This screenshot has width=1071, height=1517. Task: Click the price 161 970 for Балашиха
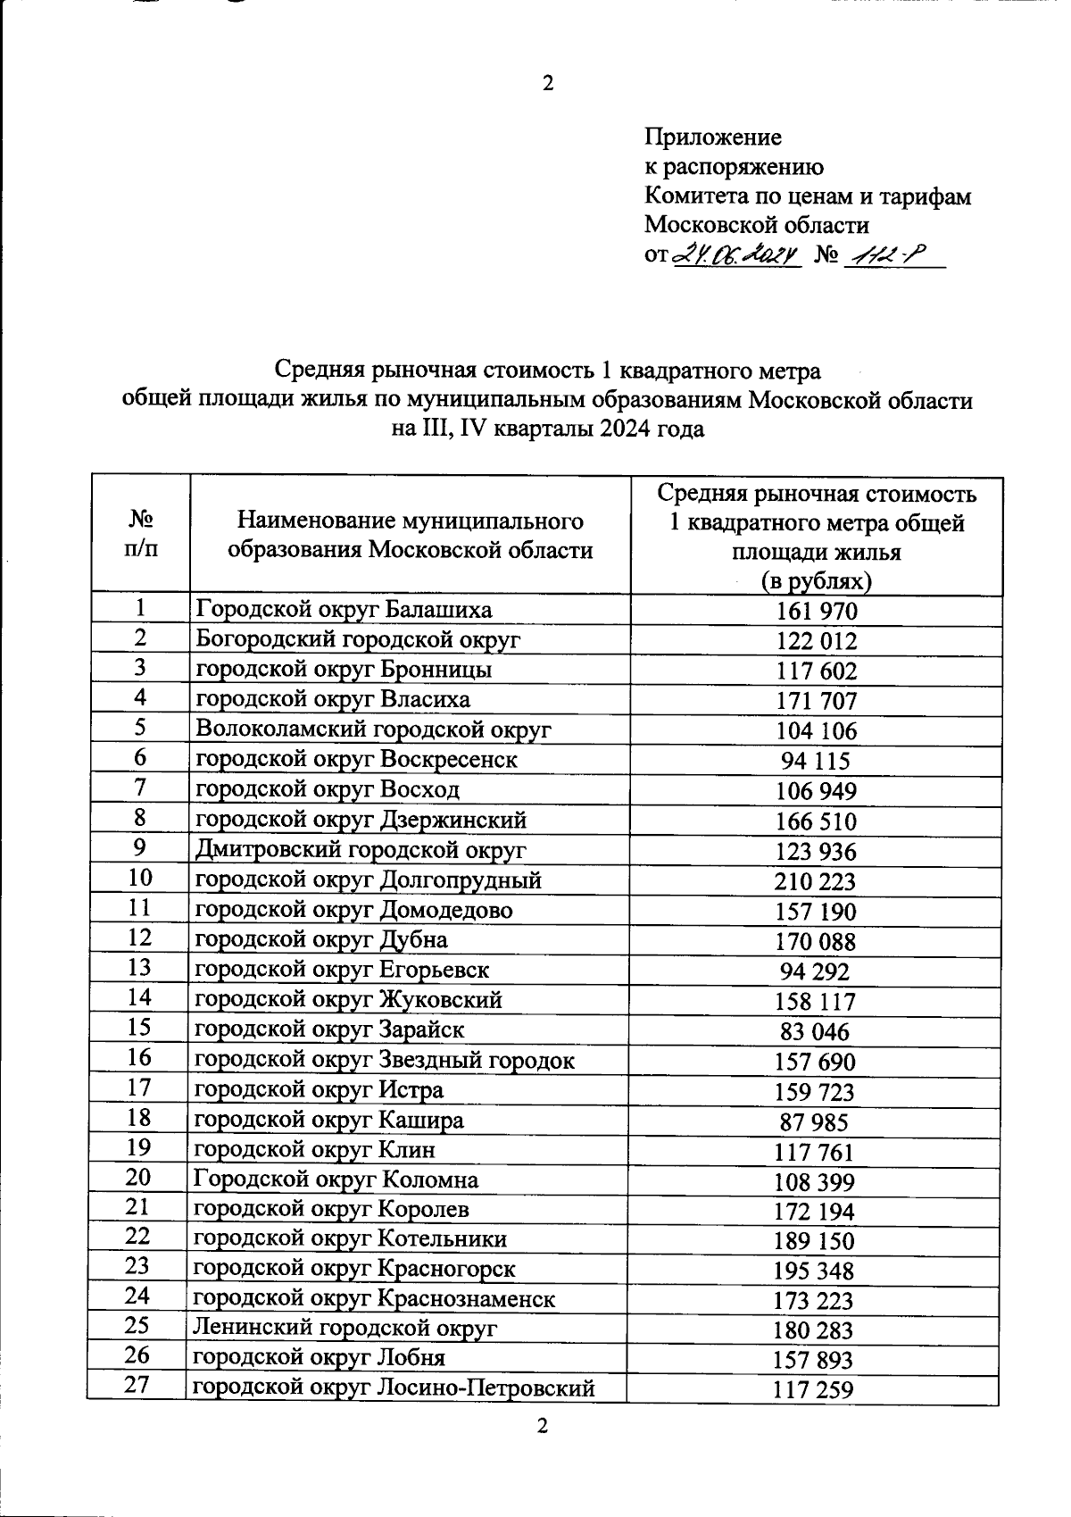[x=816, y=612]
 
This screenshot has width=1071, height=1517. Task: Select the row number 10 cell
[x=140, y=878]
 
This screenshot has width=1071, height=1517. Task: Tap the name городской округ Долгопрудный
[x=368, y=880]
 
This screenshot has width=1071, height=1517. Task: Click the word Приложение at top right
[x=713, y=137]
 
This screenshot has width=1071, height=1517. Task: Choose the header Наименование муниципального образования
[x=410, y=534]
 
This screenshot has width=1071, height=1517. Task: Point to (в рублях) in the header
[x=816, y=581]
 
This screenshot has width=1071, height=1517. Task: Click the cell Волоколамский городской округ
[x=373, y=729]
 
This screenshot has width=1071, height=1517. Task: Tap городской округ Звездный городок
[x=384, y=1060]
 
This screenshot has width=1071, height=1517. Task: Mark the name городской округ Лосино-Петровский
[x=394, y=1388]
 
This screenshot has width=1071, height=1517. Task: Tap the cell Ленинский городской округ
[x=345, y=1328]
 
